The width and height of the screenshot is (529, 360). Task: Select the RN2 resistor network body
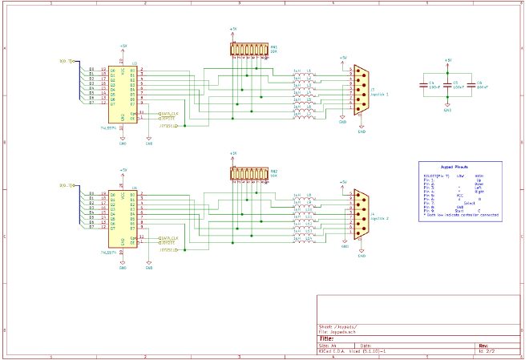[x=249, y=174]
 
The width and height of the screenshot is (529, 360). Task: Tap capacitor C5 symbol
[x=448, y=83]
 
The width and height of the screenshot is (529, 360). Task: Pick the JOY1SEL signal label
[x=167, y=125]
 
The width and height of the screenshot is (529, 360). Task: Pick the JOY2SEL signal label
[x=167, y=250]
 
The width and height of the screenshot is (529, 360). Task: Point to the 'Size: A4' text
[x=328, y=346]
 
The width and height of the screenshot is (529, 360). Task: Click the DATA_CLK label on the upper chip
[x=170, y=113]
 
